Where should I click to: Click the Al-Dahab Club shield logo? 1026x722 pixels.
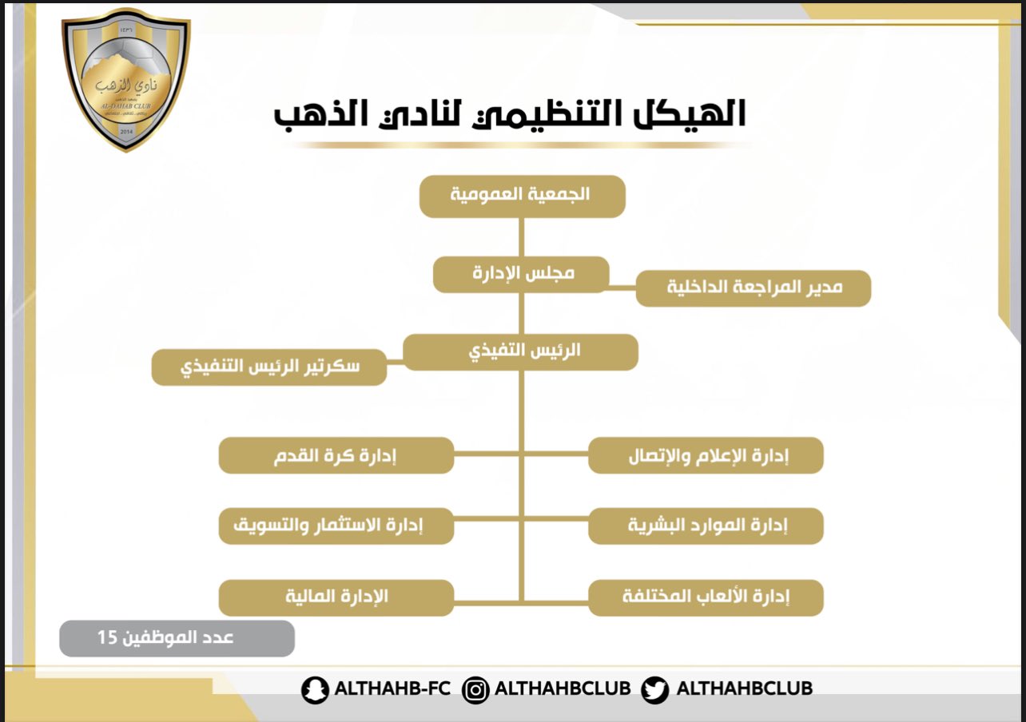126,80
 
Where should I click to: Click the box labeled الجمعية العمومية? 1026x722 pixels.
522,196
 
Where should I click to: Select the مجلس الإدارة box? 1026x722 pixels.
521,274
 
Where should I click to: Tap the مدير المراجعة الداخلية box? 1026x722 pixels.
754,288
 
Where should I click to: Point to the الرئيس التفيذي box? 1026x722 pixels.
521,352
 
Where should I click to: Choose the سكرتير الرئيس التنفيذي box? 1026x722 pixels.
269,367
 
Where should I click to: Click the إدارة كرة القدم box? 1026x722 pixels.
336,455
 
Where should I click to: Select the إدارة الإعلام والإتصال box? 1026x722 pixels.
706,455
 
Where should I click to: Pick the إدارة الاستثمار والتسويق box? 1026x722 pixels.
336,526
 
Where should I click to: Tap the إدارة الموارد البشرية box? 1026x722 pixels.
706,526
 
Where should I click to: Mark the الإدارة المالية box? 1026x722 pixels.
336,598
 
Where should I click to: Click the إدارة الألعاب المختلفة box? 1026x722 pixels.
706,598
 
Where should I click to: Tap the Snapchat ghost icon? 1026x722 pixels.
315,690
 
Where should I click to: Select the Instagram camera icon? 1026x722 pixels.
475,690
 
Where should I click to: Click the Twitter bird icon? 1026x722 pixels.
655,690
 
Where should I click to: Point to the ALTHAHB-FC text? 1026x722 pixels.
392,688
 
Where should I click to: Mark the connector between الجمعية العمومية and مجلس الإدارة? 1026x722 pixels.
521,237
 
